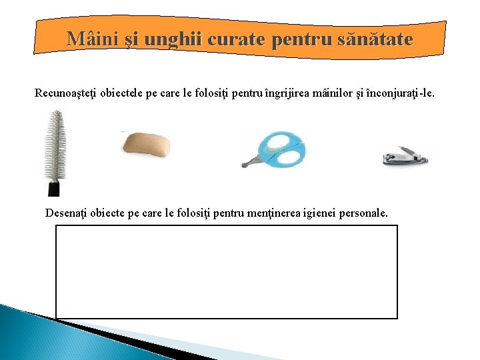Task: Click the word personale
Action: coord(365,213)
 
